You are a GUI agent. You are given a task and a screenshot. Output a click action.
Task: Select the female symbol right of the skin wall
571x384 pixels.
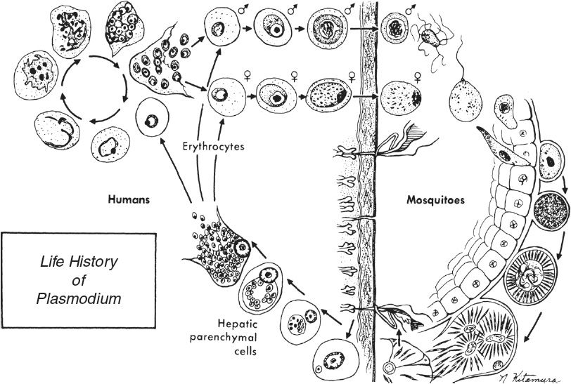(x=419, y=76)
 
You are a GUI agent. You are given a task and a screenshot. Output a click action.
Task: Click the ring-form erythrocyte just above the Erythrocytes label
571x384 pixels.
(x=153, y=119)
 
